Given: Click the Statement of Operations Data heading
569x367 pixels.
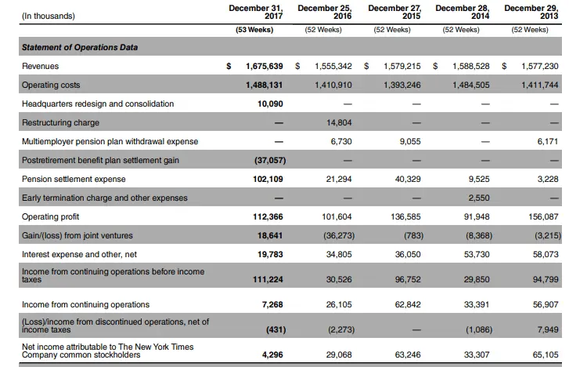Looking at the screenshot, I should tap(80, 47).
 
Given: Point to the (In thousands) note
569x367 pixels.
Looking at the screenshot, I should tap(49, 15).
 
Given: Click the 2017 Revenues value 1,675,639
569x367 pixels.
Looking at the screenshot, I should tap(264, 67).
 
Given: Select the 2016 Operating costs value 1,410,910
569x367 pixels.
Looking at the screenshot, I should tap(333, 85).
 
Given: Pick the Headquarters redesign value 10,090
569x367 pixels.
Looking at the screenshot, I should tap(270, 104).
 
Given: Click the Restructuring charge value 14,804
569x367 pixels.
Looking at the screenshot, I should tap(339, 122).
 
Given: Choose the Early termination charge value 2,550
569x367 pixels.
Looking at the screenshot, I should tap(478, 198).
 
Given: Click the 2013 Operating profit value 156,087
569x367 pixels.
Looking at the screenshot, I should tap(540, 216).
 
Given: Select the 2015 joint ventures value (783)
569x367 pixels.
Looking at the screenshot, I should tap(412, 235).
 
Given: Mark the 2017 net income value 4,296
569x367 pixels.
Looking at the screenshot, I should tap(272, 354).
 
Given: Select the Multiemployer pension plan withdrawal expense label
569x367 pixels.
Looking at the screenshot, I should tap(110, 141).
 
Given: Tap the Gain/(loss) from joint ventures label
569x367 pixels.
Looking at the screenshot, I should tap(77, 235).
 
